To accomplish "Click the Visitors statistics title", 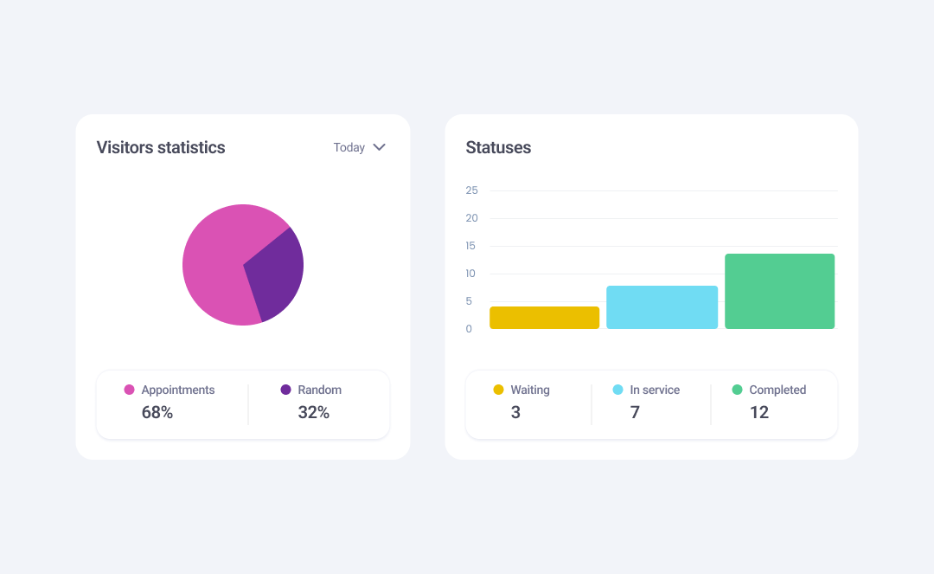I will pyautogui.click(x=161, y=148).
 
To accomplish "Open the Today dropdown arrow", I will pyautogui.click(x=379, y=147).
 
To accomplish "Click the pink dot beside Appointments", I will pyautogui.click(x=130, y=390).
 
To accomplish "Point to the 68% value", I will pyautogui.click(x=157, y=413).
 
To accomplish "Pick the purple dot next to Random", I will pyautogui.click(x=286, y=390).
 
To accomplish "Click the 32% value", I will pyautogui.click(x=314, y=413).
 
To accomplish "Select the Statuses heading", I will pyautogui.click(x=498, y=148).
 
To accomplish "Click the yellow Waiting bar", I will pyautogui.click(x=545, y=318).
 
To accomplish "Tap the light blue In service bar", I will pyautogui.click(x=662, y=307).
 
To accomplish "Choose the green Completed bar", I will pyautogui.click(x=779, y=292).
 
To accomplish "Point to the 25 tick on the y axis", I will pyautogui.click(x=471, y=190).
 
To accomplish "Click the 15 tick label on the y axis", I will pyautogui.click(x=471, y=246).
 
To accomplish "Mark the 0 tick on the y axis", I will pyautogui.click(x=470, y=329).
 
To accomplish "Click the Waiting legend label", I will pyautogui.click(x=530, y=390).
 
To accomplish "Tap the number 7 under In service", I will pyautogui.click(x=635, y=413).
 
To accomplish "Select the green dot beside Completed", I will pyautogui.click(x=738, y=390).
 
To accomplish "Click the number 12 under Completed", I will pyautogui.click(x=759, y=413).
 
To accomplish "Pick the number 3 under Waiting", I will pyautogui.click(x=515, y=413).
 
